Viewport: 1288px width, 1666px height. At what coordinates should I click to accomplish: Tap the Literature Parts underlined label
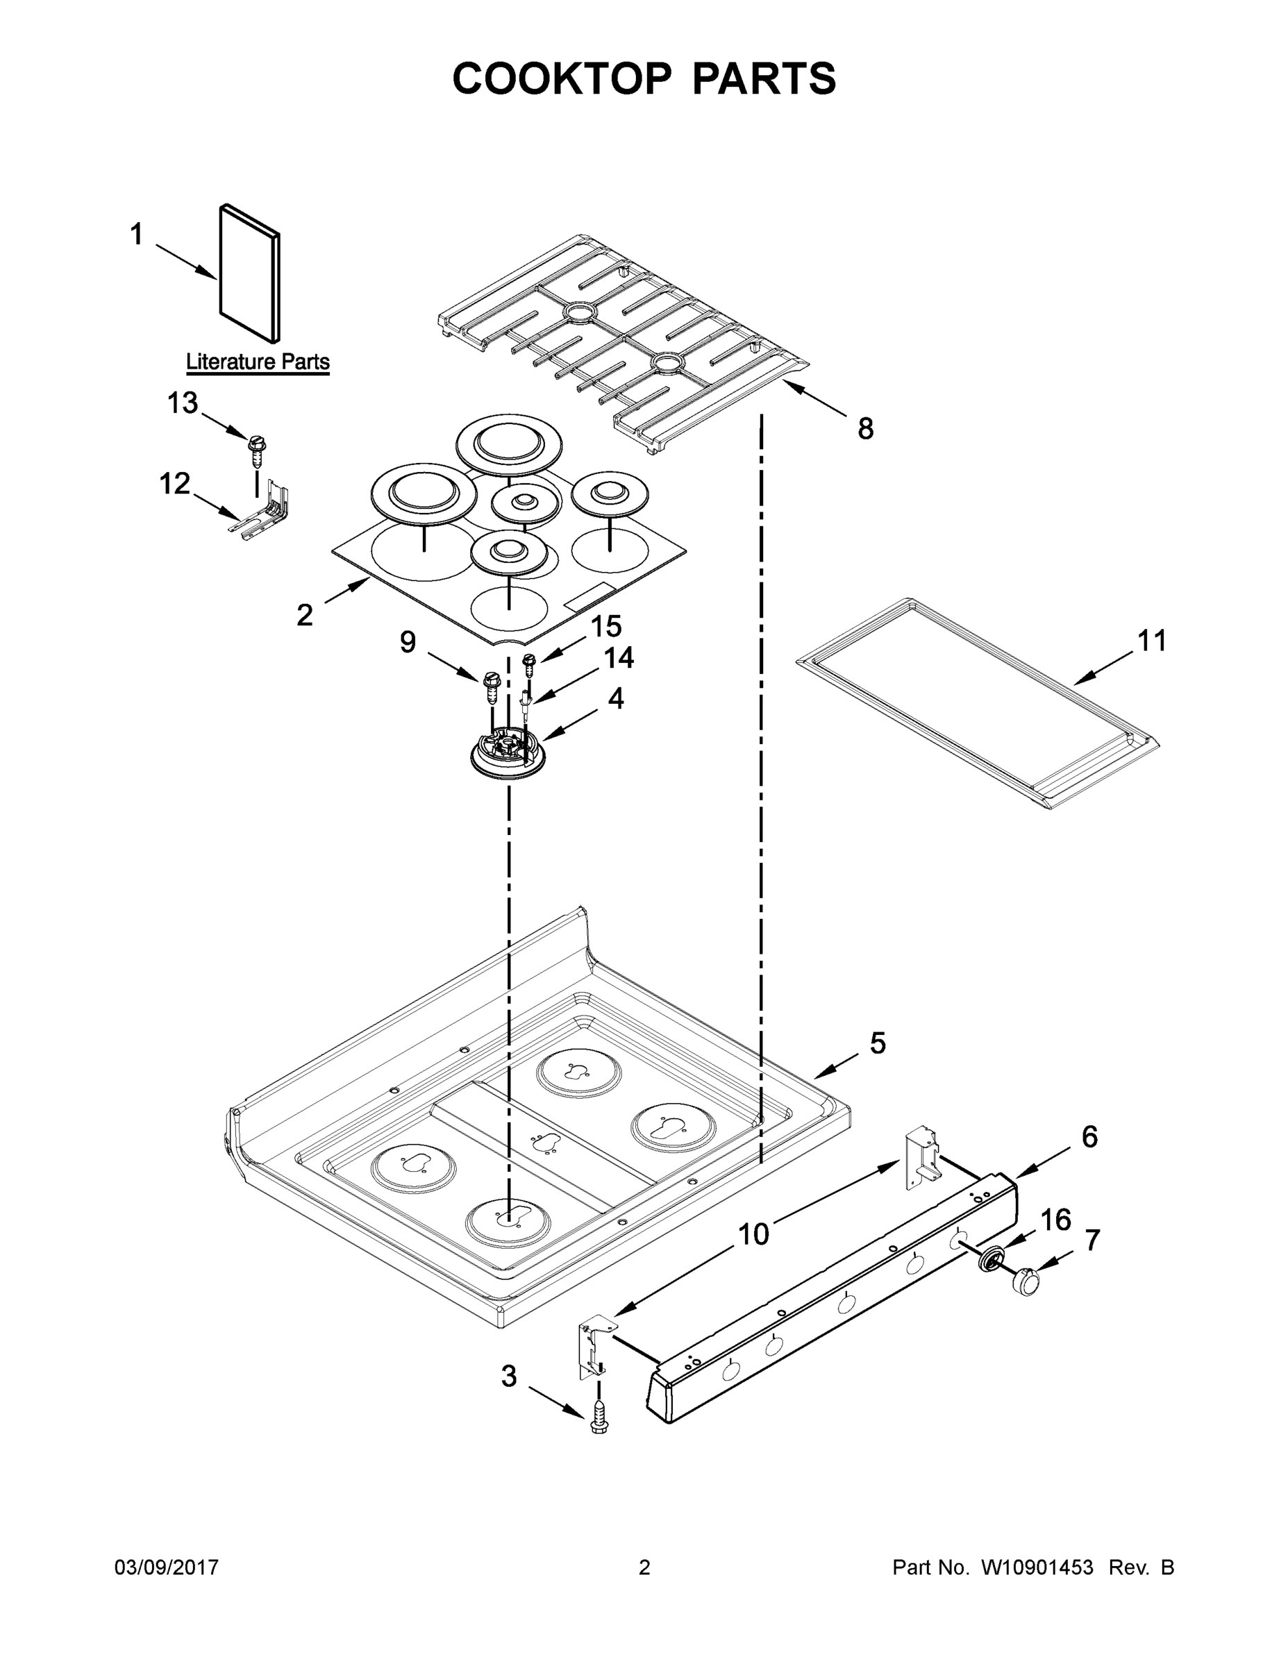[258, 362]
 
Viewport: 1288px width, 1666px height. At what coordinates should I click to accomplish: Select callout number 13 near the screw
[183, 403]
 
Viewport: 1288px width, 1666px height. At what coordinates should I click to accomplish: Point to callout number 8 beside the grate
[865, 430]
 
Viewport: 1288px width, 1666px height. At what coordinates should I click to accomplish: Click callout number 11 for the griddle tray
[1152, 641]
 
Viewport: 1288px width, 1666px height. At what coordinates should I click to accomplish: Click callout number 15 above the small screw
[607, 626]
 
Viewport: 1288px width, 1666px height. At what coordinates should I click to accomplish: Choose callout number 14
[619, 658]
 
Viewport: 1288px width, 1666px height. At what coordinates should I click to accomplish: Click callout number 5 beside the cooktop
[878, 1043]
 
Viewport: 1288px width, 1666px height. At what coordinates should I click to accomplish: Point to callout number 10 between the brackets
[754, 1234]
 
